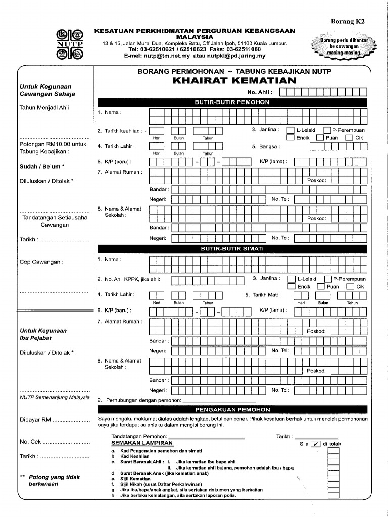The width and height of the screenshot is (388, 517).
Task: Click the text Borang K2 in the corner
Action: tap(347, 21)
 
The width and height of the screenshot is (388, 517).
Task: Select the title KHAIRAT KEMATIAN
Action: tap(234, 81)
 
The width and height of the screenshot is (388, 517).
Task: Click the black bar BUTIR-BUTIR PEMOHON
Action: tap(232, 102)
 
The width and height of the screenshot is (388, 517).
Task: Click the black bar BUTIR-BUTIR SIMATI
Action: tap(232, 249)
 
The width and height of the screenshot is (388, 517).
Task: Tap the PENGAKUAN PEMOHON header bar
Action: tap(232, 409)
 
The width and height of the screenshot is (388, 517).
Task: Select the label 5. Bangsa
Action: tap(266, 147)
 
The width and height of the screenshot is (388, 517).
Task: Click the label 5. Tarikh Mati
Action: tap(263, 295)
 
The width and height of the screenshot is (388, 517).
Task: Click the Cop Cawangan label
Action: tap(41, 262)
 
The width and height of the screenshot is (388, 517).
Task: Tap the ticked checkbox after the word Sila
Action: tap(316, 444)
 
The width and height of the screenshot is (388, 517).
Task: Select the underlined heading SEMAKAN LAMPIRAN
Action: tap(142, 443)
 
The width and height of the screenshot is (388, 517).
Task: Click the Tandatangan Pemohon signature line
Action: tap(207, 438)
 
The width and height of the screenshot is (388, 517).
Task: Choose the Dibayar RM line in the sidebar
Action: tap(54, 419)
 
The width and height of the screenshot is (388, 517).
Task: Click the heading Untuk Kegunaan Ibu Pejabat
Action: tap(43, 334)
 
